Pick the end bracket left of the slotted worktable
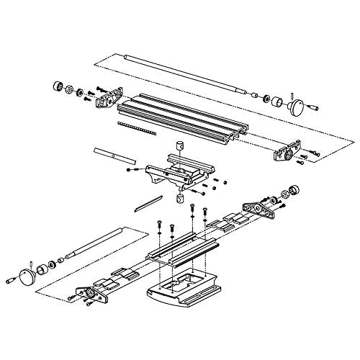(107, 96)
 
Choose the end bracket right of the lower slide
(258, 208)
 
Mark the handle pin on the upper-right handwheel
(314, 107)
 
